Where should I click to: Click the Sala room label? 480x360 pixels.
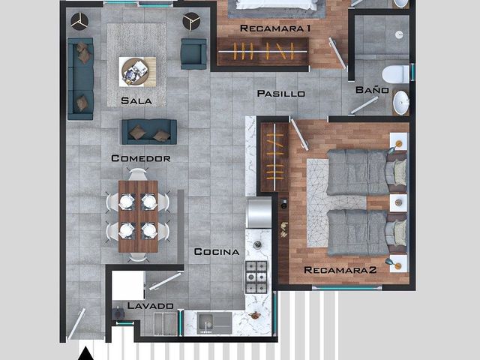[x=136, y=100]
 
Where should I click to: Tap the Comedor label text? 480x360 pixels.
[x=141, y=158]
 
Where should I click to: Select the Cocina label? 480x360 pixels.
[x=217, y=252]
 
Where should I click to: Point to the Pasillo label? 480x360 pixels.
[x=281, y=93]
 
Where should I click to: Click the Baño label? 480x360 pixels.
[x=372, y=90]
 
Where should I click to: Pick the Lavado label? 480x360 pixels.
[x=150, y=305]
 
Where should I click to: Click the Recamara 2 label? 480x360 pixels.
[x=340, y=270]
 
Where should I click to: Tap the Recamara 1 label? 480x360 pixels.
[x=275, y=28]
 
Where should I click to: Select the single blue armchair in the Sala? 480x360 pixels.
[x=193, y=54]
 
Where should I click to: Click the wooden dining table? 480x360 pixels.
[x=138, y=217]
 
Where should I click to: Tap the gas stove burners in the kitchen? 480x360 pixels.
[x=256, y=277]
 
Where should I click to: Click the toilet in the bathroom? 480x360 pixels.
[x=395, y=74]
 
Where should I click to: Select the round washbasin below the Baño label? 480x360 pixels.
[x=401, y=103]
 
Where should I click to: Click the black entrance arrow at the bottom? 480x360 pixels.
[x=85, y=353]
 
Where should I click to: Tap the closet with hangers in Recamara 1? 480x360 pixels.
[x=262, y=52]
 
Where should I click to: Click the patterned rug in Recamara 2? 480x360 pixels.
[x=337, y=202]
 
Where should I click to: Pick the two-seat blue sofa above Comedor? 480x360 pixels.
[x=149, y=132]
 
